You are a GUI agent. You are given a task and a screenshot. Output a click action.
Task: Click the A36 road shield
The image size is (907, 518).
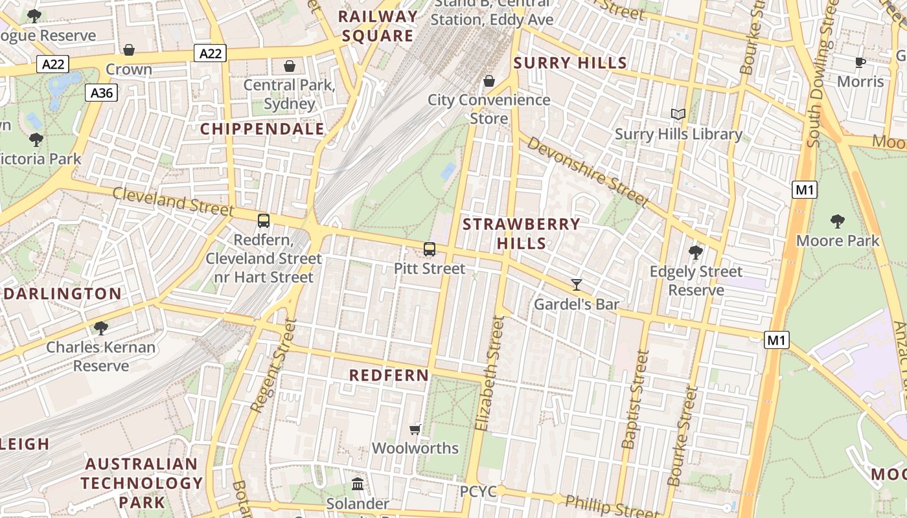coord(102,93)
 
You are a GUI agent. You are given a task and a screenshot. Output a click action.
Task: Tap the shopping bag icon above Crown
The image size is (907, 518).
coord(129,50)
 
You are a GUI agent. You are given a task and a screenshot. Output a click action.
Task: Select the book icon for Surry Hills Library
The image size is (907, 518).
coord(678,115)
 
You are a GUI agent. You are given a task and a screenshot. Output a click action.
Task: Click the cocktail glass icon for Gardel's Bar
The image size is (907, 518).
coord(577,284)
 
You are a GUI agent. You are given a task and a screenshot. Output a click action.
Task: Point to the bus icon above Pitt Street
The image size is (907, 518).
coord(429,249)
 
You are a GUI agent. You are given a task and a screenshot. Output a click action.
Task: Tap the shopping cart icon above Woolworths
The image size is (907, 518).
coord(415,429)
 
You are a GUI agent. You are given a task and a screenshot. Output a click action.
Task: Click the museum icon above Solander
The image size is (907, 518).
coord(357,484)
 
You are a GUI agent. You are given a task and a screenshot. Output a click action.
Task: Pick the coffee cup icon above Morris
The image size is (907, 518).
coord(860,62)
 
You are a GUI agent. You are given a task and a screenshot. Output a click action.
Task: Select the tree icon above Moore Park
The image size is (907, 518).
coord(837,221)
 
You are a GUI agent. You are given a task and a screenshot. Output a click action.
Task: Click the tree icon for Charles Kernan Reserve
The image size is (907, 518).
coord(100,328)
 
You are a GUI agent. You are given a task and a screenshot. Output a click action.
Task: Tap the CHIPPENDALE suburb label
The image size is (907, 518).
coord(262,129)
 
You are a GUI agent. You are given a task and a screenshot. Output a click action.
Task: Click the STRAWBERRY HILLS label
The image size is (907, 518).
coord(522,234)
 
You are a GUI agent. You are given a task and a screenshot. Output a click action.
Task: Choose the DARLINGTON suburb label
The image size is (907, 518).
coord(63,294)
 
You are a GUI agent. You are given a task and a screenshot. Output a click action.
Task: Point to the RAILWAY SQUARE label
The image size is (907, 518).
coord(378,26)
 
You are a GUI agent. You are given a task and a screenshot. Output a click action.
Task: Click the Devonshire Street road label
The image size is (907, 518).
coord(586,171)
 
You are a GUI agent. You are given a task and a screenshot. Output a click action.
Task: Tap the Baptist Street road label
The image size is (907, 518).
coord(635,399)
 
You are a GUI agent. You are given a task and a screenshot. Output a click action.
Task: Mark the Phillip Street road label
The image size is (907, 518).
coord(603,506)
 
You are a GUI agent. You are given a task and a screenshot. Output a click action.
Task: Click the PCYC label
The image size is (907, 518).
coord(478,491)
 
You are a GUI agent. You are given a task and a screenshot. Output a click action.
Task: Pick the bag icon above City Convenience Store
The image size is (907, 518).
coord(489,81)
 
